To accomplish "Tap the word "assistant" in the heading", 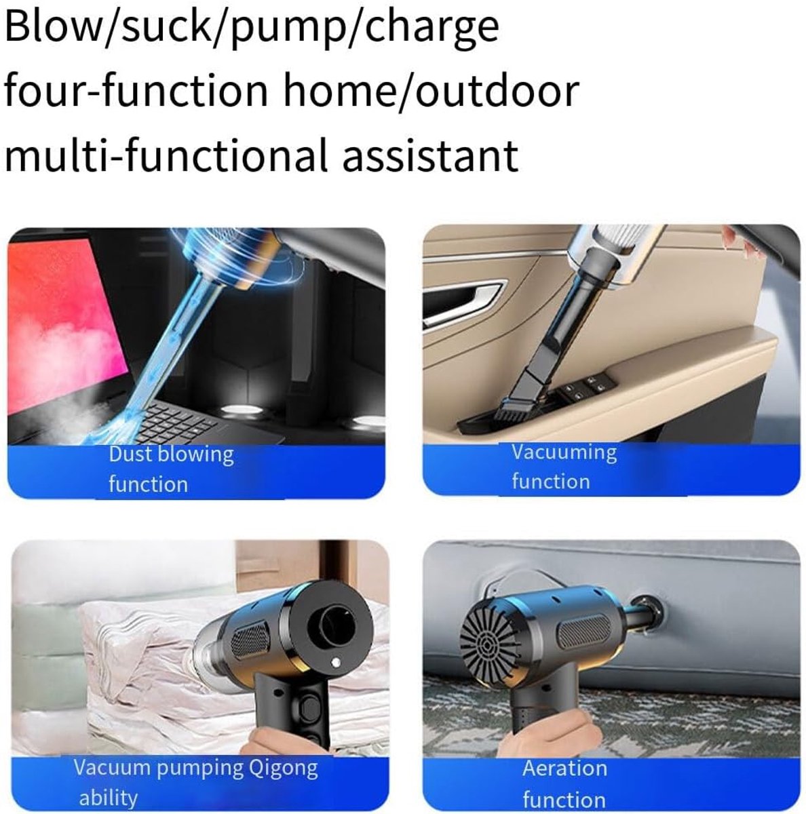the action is click(x=430, y=155).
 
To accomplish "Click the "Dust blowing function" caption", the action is click(x=171, y=469).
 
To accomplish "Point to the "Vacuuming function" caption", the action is click(x=564, y=467).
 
